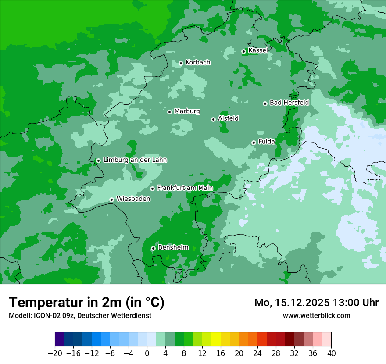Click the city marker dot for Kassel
(x=244, y=51)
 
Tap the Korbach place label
(x=198, y=63)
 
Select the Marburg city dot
(x=169, y=112)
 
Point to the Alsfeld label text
(x=228, y=118)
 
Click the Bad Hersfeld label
(x=289, y=103)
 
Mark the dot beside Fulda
(x=254, y=143)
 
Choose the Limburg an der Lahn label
(x=135, y=160)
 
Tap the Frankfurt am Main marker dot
(x=153, y=189)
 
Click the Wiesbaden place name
(x=133, y=199)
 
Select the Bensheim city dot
(x=153, y=248)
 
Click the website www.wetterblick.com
(x=316, y=315)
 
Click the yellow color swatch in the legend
(x=216, y=339)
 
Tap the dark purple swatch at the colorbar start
(x=60, y=339)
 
